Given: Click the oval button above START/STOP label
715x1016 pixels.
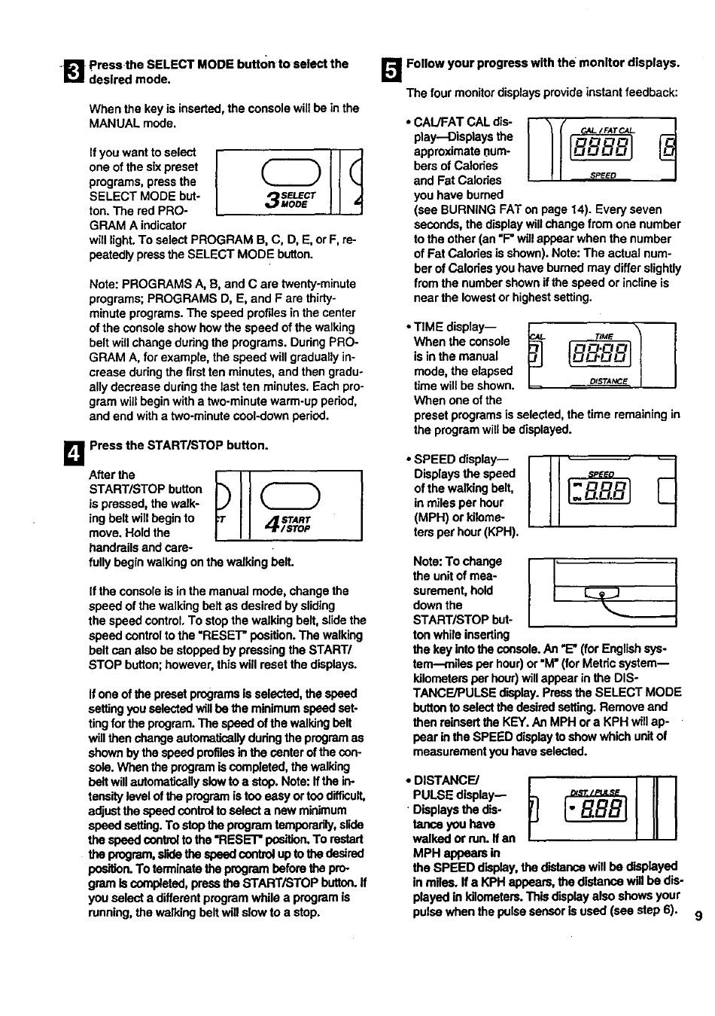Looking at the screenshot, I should [290, 493].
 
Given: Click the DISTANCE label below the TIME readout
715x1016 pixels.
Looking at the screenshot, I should [608, 381].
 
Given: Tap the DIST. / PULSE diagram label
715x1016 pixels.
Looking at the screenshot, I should [595, 792].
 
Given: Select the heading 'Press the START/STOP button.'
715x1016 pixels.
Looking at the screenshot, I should [178, 445].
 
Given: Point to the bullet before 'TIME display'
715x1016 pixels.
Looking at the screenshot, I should [408, 327].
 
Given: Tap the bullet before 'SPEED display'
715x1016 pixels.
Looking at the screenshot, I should [408, 459].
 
